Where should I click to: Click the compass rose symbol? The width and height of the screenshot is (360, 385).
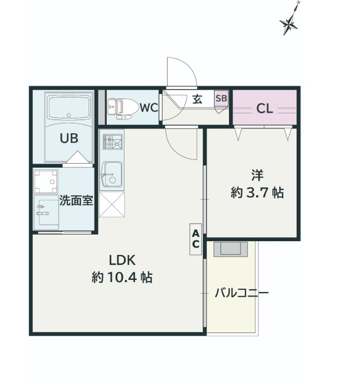(x=289, y=23)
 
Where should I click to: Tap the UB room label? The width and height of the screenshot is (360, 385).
(x=69, y=138)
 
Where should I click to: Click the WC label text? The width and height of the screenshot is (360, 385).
(x=149, y=108)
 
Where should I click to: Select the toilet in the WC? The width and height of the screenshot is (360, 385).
(x=123, y=109)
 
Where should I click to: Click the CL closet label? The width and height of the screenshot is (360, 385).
(x=264, y=108)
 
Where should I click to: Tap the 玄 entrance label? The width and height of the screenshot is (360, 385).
(x=197, y=99)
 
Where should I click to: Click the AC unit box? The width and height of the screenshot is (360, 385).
(x=195, y=239)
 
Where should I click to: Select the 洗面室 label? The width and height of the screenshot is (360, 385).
(x=76, y=200)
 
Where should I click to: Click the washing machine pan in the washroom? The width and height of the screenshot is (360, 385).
(x=46, y=182)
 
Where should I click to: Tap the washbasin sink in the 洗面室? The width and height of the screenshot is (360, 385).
(x=46, y=212)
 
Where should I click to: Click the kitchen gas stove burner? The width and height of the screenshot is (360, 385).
(x=112, y=142)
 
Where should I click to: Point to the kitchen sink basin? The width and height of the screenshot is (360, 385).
(x=112, y=174)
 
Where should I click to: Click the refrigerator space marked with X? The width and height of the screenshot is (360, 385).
(x=112, y=205)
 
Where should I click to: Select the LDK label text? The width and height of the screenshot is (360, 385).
(x=122, y=260)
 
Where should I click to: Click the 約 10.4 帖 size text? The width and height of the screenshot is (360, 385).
(x=122, y=277)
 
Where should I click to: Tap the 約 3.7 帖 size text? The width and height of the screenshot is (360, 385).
(x=257, y=192)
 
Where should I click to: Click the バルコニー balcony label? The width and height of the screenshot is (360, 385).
(x=242, y=293)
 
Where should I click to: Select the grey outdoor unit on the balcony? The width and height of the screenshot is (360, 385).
(x=231, y=249)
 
